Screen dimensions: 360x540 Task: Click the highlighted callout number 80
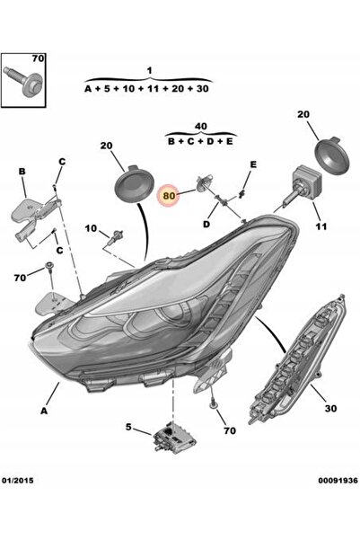(x=169, y=196)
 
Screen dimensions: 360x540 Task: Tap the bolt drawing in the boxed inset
(x=23, y=81)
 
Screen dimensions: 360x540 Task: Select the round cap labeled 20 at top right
(x=332, y=155)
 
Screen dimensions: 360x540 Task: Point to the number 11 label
(x=320, y=226)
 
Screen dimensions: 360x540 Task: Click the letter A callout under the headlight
(x=44, y=411)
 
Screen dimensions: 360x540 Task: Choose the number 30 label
(x=330, y=409)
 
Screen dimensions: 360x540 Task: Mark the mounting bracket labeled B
(x=34, y=217)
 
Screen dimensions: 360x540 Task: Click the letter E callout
(x=253, y=164)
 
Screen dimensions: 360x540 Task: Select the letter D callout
(x=206, y=225)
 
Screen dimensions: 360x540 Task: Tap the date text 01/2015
(x=18, y=480)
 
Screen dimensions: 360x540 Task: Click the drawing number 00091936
(x=338, y=480)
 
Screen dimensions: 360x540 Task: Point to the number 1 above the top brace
(x=149, y=71)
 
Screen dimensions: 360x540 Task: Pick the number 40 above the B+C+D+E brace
(x=201, y=127)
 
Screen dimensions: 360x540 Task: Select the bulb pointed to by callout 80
(x=203, y=183)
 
